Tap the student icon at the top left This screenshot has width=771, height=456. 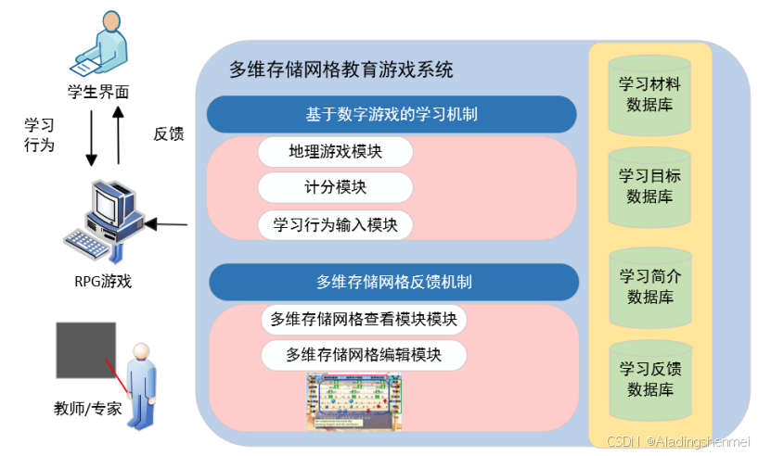click(x=97, y=44)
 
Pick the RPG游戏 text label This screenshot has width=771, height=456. click(x=103, y=281)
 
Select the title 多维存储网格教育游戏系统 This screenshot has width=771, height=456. click(x=341, y=70)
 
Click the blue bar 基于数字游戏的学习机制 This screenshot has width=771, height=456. click(x=392, y=115)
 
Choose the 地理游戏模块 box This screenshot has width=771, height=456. click(x=335, y=151)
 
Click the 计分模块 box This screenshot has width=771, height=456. click(x=335, y=187)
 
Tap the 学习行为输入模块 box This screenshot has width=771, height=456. click(x=335, y=224)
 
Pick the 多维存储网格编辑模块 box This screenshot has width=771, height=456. click(x=363, y=355)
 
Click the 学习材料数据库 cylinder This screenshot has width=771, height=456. click(x=649, y=94)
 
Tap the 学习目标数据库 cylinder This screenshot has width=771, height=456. click(x=649, y=185)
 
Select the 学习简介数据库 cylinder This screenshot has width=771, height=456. click(x=649, y=287)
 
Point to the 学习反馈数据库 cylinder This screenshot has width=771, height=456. click(x=649, y=379)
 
